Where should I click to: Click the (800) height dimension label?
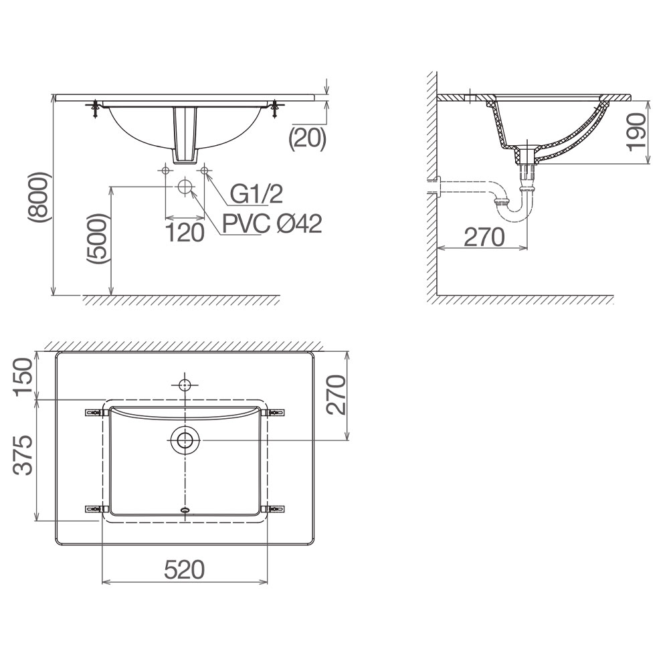39,197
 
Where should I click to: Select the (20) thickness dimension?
308,138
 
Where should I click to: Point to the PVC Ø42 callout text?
272,223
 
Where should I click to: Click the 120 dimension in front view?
185,233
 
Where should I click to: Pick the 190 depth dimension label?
637,132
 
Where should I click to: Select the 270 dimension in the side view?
484,237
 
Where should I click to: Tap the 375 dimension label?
23,455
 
